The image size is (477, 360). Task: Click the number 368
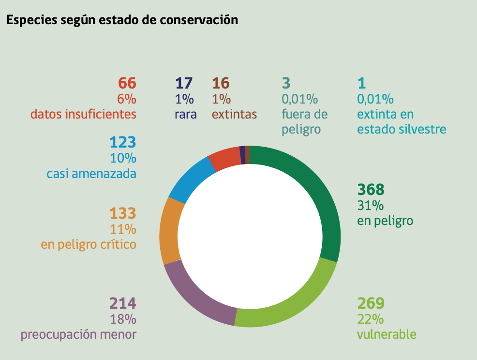371,189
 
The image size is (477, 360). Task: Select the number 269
371,303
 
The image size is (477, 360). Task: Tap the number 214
122,303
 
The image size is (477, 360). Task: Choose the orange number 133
122,213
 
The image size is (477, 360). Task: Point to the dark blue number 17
184,83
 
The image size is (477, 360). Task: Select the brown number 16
221,83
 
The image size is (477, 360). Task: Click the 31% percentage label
371,206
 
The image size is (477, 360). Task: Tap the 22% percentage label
371,319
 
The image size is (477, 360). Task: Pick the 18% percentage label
123,319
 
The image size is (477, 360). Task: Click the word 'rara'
186,115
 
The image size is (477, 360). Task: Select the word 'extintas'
234,115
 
